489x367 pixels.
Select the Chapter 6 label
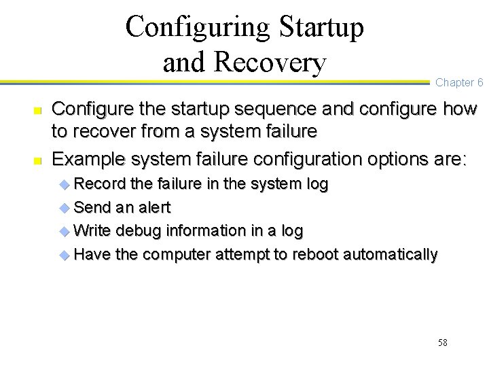pos(459,83)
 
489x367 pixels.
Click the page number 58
pos(442,343)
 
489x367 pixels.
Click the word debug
pos(138,231)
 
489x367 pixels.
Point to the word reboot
pos(316,255)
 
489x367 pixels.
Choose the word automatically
pos(391,255)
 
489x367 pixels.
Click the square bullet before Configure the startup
pos(38,109)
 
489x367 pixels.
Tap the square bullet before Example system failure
pos(38,160)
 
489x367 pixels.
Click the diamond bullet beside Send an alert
pos(65,208)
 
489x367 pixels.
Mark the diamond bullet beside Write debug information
pos(65,232)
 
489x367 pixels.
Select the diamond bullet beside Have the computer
pos(65,256)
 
